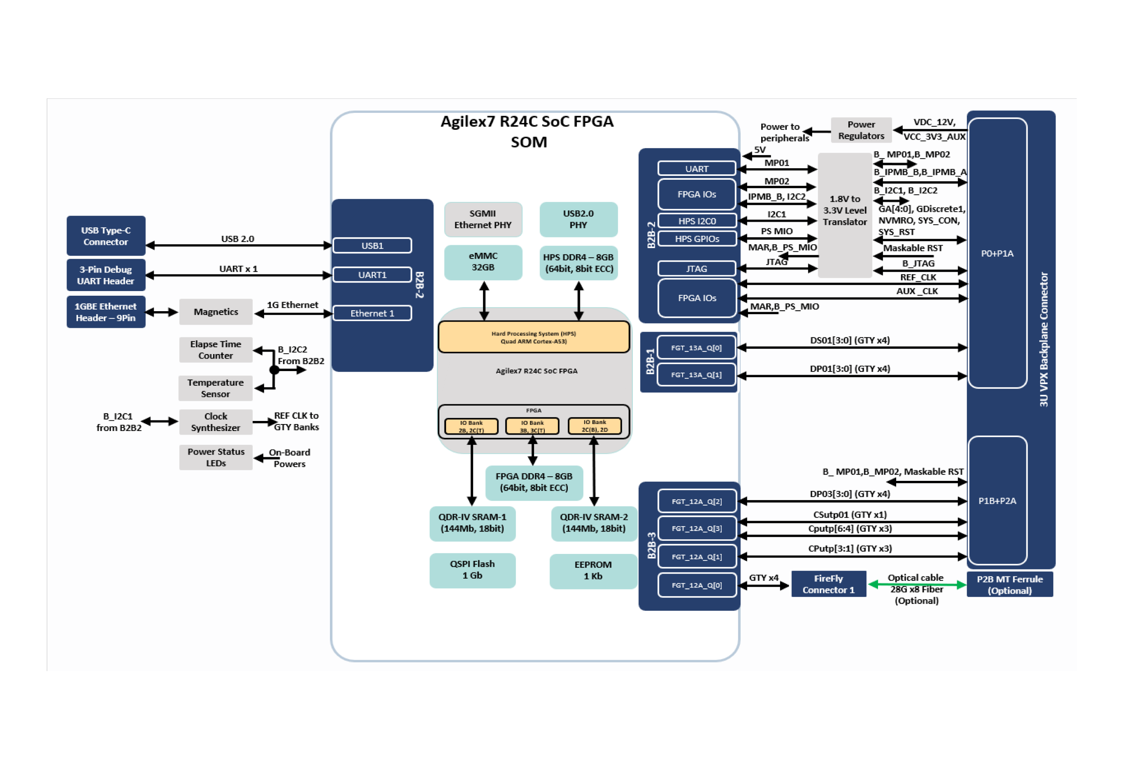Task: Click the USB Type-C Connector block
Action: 106,236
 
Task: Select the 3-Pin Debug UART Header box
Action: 106,275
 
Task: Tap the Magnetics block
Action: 216,312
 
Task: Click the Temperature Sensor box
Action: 216,388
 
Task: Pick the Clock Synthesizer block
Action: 216,422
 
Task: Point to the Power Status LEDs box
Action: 216,457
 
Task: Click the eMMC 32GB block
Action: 483,262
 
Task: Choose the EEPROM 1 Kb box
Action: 593,571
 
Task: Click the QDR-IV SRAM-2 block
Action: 594,523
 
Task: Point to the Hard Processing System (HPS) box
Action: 533,337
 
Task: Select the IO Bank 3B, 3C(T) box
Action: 532,426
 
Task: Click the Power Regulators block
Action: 861,130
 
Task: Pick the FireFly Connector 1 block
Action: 828,584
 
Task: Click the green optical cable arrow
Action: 917,585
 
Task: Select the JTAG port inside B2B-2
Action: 697,269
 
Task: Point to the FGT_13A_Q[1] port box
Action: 697,375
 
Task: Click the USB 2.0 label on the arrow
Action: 237,239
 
